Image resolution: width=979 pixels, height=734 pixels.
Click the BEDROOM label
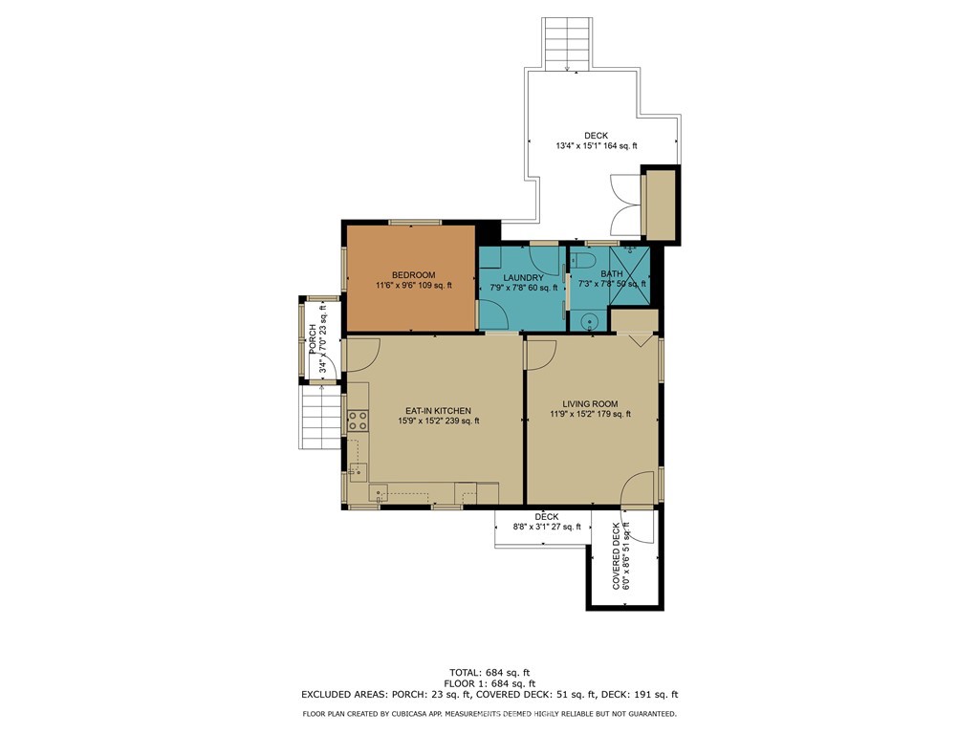(413, 275)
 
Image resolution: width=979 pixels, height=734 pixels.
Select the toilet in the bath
(586, 260)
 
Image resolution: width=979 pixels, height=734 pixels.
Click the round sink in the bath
(591, 321)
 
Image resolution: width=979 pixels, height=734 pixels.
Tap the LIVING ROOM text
(590, 403)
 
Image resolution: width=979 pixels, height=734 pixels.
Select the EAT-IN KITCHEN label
(438, 410)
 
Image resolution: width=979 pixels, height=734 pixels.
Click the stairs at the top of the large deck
(567, 43)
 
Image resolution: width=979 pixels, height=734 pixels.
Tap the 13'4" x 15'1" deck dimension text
(596, 146)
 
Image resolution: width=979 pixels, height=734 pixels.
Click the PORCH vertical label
(313, 336)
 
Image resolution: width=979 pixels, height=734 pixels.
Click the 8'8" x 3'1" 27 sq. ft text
(546, 527)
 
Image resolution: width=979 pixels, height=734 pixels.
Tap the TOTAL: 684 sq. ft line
(489, 671)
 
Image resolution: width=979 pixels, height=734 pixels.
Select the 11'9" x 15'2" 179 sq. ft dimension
(590, 414)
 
